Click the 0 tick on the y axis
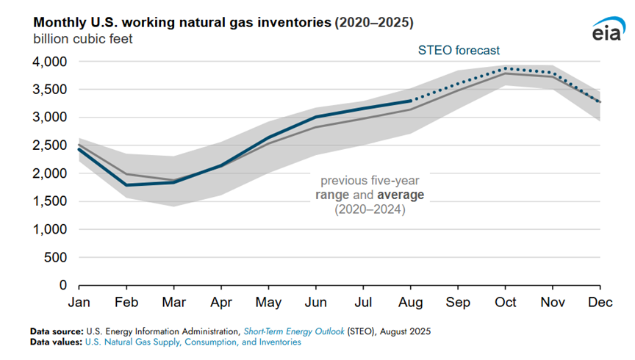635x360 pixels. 63,285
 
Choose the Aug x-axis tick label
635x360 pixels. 410,301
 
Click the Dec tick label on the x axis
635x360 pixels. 600,301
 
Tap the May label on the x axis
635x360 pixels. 268,301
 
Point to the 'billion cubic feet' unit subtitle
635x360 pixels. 82,39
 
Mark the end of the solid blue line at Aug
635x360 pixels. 410,101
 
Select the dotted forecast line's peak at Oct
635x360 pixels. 505,68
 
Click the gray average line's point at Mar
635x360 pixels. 173,180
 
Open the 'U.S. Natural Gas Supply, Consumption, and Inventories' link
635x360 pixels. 193,342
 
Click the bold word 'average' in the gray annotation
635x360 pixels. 400,195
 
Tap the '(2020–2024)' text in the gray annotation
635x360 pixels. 369,210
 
